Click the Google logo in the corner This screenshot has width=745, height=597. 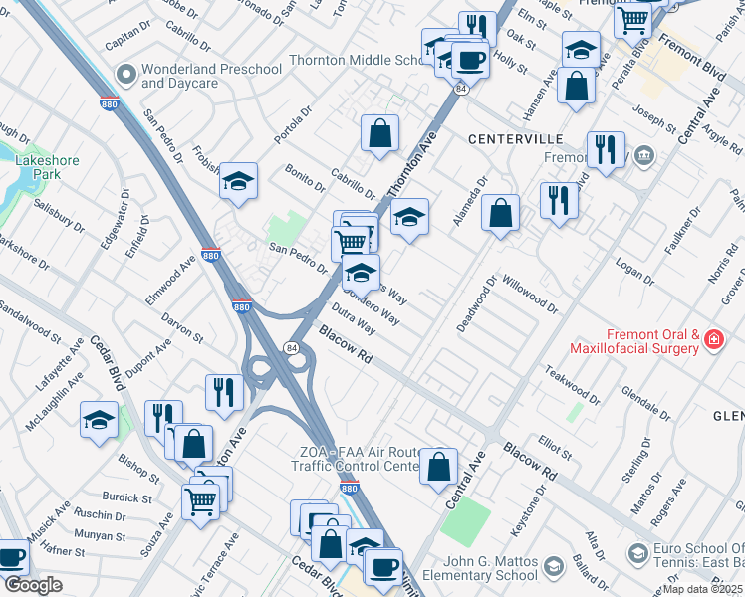32,585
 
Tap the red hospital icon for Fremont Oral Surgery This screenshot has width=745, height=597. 713,341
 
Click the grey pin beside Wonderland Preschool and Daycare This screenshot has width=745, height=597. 126,75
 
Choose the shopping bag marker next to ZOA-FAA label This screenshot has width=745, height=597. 438,466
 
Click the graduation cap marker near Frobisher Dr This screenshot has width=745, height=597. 238,180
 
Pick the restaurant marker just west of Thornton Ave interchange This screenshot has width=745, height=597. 224,391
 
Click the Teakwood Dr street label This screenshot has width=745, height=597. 573,383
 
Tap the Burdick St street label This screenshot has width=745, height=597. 126,497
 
